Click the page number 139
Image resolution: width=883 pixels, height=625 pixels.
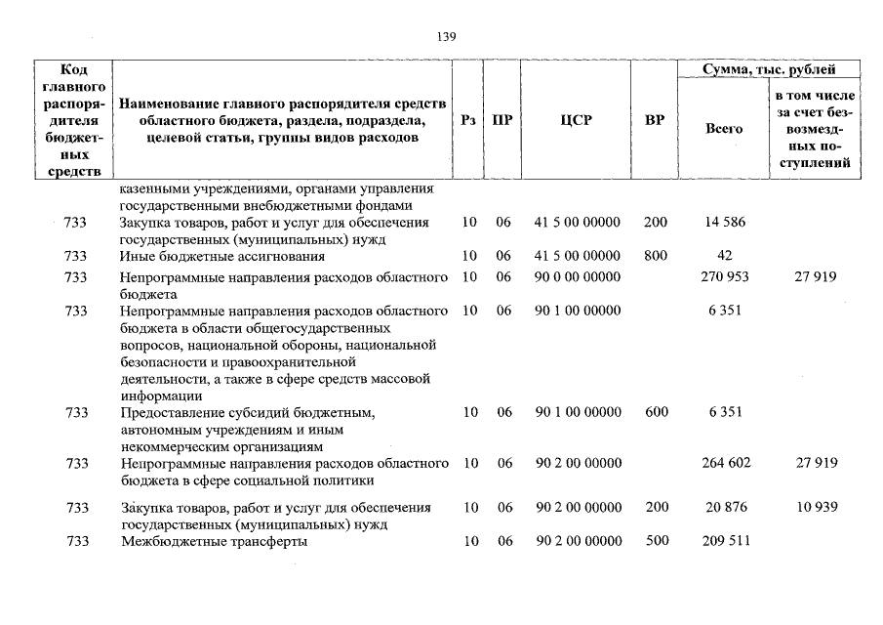click(447, 37)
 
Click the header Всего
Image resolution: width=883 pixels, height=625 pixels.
click(724, 128)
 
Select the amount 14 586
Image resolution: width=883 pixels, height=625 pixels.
click(725, 223)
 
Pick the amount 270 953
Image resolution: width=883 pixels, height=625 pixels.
click(725, 277)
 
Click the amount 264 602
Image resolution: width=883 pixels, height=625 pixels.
click(725, 463)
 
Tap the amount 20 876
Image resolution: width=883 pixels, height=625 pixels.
click(725, 508)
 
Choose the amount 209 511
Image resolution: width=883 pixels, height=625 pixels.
click(725, 541)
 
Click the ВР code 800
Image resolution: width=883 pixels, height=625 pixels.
click(656, 256)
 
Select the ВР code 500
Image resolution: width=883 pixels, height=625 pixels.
click(656, 541)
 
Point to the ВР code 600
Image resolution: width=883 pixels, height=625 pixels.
click(656, 412)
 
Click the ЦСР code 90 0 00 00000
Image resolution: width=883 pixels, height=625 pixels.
click(578, 277)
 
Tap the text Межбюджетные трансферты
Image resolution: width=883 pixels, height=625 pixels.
click(214, 541)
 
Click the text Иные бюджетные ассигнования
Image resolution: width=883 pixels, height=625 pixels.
click(222, 256)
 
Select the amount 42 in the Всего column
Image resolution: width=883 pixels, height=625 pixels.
click(725, 256)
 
